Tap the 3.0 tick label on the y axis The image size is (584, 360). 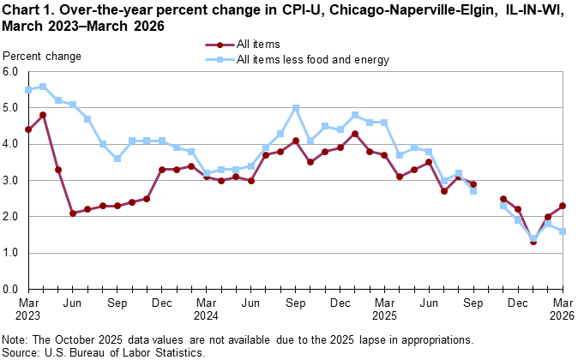point(11,181)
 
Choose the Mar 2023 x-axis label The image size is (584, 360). point(28,309)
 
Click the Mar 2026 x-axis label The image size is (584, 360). point(562,309)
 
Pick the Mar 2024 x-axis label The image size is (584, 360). point(206,309)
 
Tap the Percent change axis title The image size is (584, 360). point(43,57)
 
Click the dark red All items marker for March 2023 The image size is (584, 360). point(28,129)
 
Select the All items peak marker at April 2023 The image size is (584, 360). point(43,115)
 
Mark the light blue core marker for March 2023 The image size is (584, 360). point(28,90)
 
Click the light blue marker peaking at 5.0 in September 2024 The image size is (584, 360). point(295,108)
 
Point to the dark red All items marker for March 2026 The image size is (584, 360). point(562,206)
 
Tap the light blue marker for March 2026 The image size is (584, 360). point(562,231)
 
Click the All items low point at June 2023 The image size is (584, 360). point(73,213)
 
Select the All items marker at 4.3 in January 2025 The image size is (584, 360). point(354,134)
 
